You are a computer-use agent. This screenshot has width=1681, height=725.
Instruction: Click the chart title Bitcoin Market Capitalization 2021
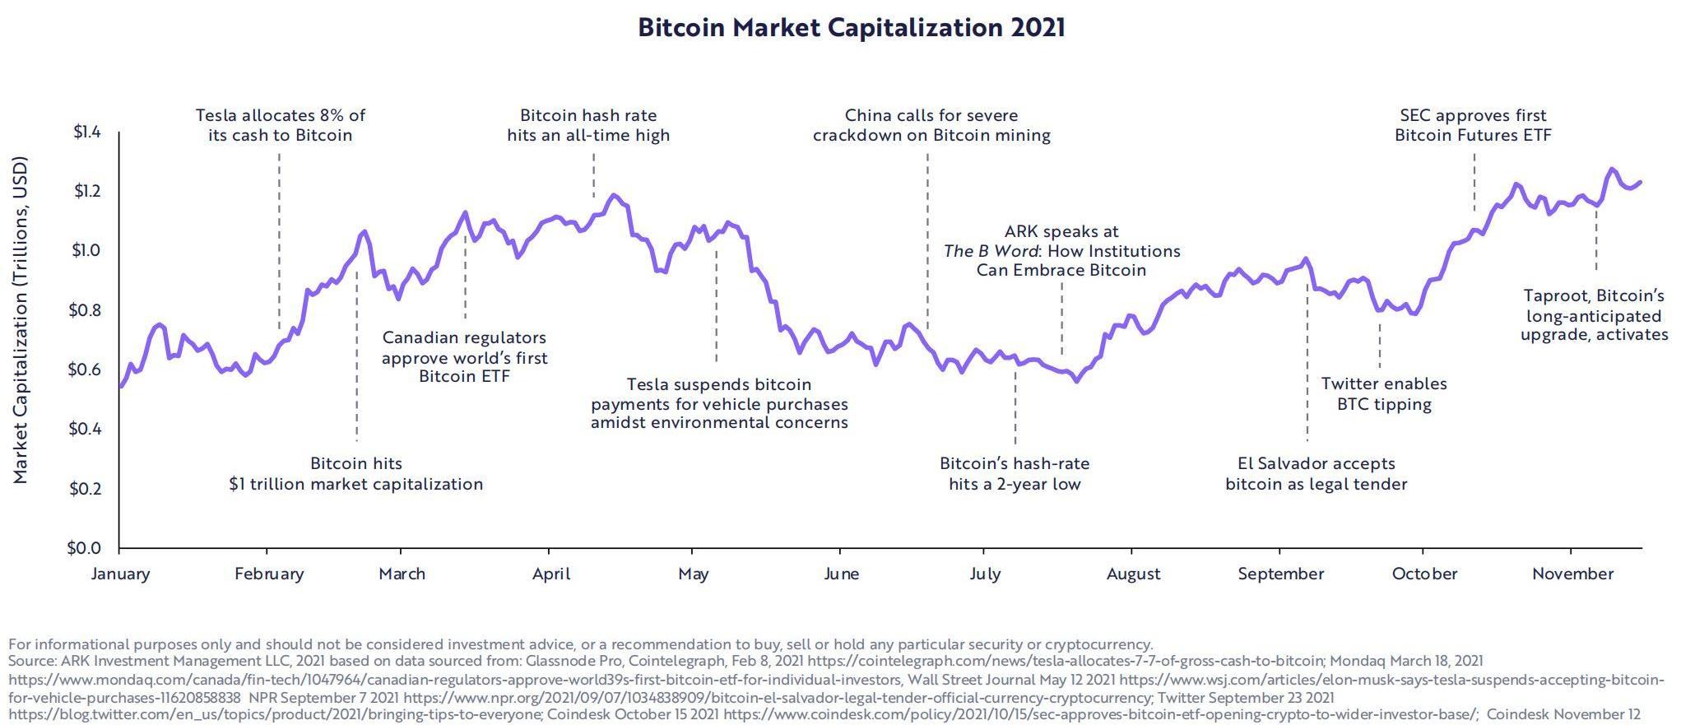851,28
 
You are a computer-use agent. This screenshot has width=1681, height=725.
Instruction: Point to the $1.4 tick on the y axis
86,132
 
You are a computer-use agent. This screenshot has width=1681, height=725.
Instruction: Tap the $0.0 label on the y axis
84,548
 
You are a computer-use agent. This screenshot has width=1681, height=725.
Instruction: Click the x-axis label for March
402,574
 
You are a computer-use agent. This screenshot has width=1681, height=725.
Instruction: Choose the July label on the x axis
985,574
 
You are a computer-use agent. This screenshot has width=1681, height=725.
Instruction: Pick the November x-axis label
1572,574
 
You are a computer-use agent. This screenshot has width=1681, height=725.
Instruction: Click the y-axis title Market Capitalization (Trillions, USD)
21,319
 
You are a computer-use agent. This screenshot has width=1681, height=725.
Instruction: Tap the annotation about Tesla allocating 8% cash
280,125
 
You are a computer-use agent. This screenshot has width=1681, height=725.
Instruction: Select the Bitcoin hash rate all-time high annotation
588,125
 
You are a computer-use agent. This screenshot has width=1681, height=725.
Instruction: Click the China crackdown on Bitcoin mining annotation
931,125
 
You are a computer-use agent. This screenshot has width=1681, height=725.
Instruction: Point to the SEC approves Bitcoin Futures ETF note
1473,125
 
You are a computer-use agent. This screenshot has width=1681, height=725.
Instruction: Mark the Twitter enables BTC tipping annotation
1384,394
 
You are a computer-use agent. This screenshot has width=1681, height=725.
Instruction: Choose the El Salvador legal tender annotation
1316,474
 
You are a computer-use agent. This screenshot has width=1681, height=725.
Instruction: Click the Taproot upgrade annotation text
1594,315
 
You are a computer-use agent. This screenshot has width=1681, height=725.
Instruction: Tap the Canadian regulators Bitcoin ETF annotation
464,357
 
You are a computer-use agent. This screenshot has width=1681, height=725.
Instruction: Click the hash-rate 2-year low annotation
1015,474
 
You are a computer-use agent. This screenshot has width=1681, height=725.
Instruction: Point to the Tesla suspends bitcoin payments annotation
719,403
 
